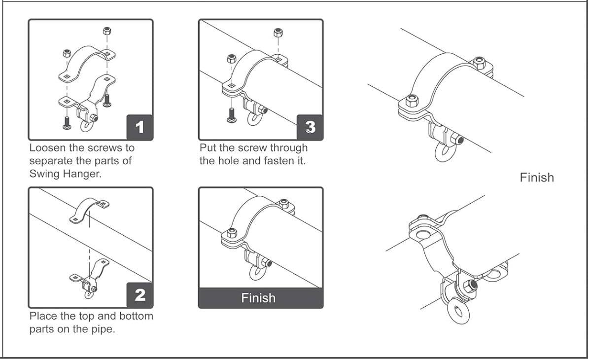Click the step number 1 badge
[x=140, y=127]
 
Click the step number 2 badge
[x=140, y=295]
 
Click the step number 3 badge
[x=310, y=127]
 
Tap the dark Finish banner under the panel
[x=260, y=298]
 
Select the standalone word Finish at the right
[x=537, y=178]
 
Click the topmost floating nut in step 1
[x=106, y=31]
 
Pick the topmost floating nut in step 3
[x=277, y=34]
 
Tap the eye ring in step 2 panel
[x=89, y=295]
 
